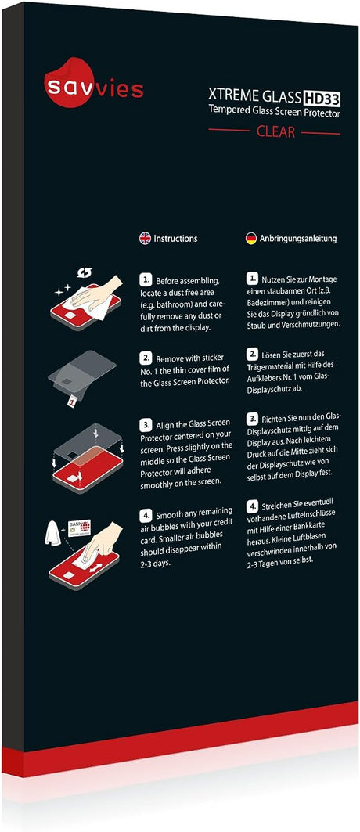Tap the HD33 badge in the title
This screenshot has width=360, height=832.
pos(322,97)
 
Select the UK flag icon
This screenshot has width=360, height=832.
pos(145,238)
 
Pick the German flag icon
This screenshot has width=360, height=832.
pos(250,238)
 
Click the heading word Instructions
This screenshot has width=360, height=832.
pos(175,238)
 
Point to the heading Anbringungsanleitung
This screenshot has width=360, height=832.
pos(297,239)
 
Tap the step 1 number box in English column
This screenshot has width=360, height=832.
pos(146,279)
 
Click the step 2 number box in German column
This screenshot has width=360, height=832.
pos(252,354)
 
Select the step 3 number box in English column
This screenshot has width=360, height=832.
pos(146,424)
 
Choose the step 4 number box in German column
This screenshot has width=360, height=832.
pos(252,505)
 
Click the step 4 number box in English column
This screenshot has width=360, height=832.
pos(146,515)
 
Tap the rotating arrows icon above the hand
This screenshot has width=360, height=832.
pos(85,272)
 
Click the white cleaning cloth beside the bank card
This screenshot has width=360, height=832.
pos(54,531)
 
